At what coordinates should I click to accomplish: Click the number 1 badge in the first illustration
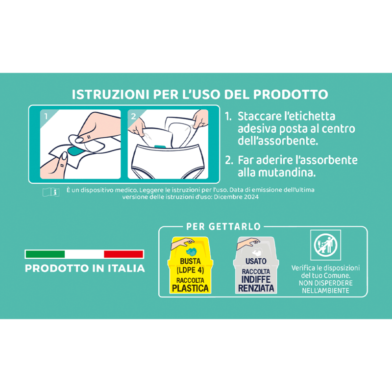click(46, 116)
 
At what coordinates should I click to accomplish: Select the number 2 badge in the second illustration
click(133, 116)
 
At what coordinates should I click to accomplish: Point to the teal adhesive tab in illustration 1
click(76, 150)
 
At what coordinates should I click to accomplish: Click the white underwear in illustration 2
click(168, 162)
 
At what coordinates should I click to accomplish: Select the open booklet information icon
click(51, 192)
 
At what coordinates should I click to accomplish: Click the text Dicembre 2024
click(236, 197)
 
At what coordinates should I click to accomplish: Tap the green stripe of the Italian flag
click(45, 254)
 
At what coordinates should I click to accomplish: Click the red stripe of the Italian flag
click(123, 254)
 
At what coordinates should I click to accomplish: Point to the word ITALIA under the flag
click(126, 269)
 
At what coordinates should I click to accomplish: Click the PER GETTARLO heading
click(223, 226)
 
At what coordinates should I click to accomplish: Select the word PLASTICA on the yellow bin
click(190, 288)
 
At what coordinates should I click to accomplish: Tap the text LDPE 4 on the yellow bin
click(190, 270)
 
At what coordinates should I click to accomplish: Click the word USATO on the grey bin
click(256, 261)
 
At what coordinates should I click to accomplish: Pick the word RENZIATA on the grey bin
click(256, 288)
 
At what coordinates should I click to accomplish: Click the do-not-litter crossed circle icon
click(325, 245)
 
